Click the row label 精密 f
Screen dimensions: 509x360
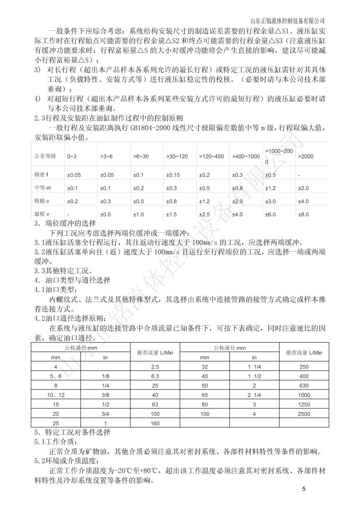click(42, 175)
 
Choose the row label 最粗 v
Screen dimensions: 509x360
click(42, 214)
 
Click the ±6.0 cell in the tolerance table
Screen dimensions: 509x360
click(271, 214)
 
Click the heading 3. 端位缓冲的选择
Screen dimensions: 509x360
click(65, 224)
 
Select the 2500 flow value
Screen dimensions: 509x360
click(305, 414)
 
